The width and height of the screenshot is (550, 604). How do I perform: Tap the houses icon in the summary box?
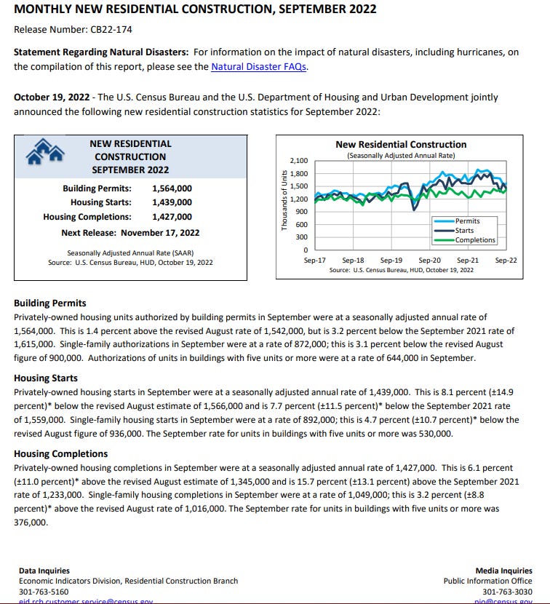[x=46, y=151]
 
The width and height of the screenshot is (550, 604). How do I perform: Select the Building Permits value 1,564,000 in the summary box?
[x=172, y=188]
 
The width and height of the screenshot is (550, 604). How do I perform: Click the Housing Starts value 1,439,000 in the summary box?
[x=172, y=202]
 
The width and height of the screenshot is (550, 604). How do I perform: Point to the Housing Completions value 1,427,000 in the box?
[x=172, y=216]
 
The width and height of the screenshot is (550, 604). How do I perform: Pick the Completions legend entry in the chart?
[x=475, y=239]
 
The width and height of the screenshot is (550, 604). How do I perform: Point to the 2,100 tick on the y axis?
[x=299, y=161]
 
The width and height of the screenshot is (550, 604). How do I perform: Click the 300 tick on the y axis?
[x=302, y=237]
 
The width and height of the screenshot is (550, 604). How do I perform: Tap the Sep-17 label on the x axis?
[x=314, y=260]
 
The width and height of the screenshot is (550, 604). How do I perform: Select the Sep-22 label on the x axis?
[x=506, y=260]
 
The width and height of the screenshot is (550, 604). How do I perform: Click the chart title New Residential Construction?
[x=401, y=145]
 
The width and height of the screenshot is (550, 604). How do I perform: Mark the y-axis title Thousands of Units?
[x=284, y=200]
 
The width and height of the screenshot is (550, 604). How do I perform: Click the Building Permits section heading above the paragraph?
[x=49, y=303]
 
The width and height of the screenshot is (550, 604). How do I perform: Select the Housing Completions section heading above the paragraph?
[x=61, y=453]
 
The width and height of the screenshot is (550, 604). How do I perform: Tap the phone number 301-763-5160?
[x=44, y=592]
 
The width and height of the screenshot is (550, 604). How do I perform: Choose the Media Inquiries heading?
[x=503, y=571]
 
